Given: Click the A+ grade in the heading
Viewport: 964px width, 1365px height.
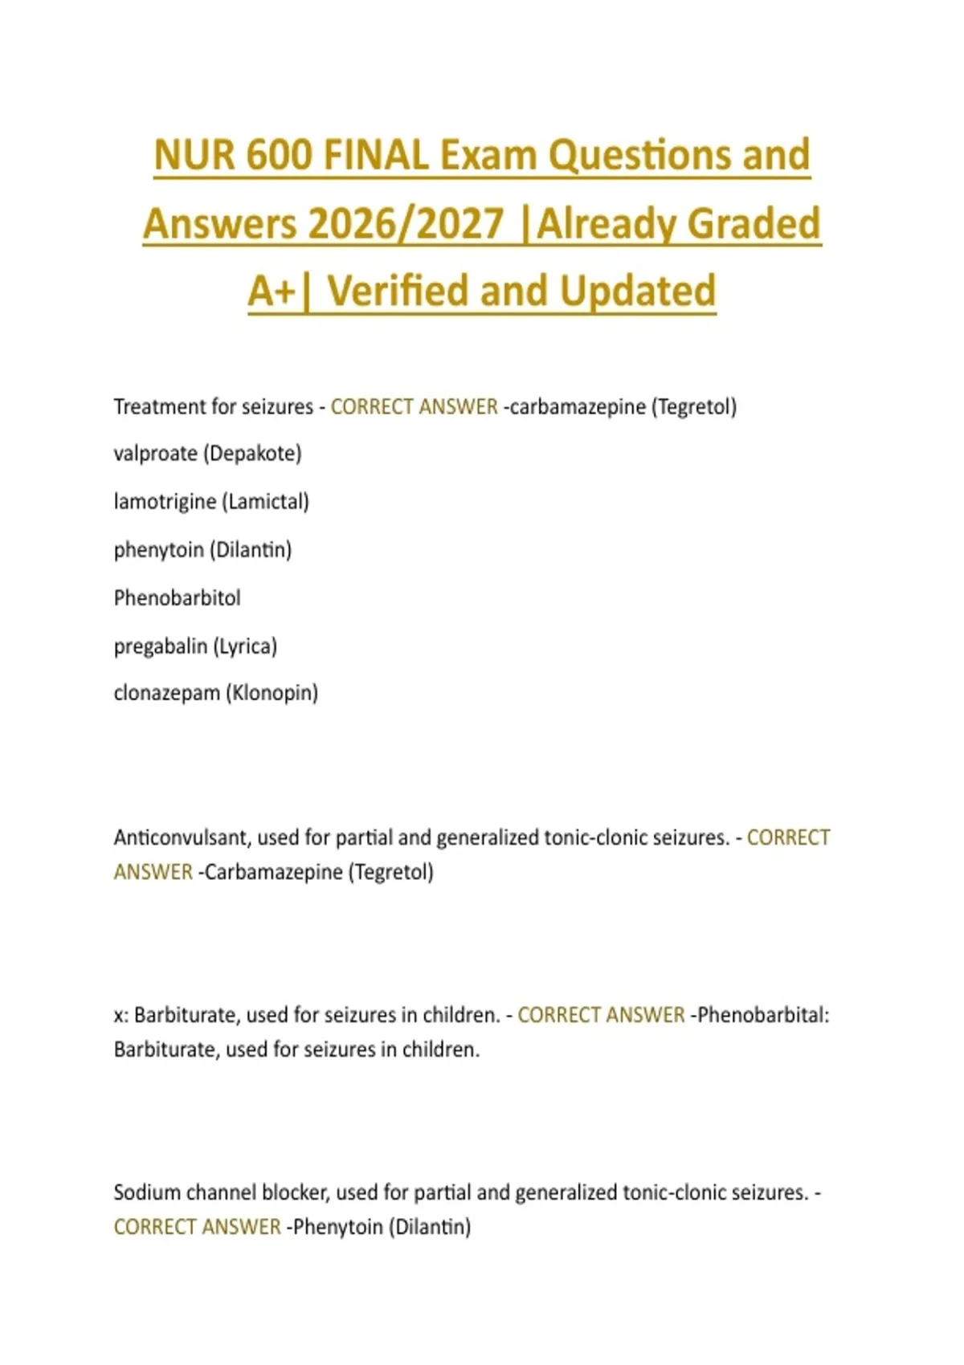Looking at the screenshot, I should [x=272, y=291].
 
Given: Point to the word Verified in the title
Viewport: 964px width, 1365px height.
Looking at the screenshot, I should [x=398, y=291].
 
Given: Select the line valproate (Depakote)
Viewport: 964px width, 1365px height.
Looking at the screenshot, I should [x=207, y=454].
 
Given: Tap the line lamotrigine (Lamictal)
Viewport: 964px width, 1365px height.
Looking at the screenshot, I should [x=211, y=502].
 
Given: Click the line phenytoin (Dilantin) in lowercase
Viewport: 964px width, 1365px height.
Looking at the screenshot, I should [x=202, y=550].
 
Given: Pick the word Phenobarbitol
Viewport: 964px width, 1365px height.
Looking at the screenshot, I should [x=177, y=598].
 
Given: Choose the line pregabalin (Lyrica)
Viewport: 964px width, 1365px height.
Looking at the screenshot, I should [x=195, y=646].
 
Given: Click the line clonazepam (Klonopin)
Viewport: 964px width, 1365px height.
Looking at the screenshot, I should [x=215, y=693].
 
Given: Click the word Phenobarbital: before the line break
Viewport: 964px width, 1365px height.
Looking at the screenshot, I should [x=763, y=1015].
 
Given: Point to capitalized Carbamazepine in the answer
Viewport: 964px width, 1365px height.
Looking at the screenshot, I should [x=274, y=872].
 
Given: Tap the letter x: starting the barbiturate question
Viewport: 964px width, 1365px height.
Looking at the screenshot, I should [x=120, y=1016].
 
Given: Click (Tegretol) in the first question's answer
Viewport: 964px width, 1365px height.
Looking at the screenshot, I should [x=694, y=407].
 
